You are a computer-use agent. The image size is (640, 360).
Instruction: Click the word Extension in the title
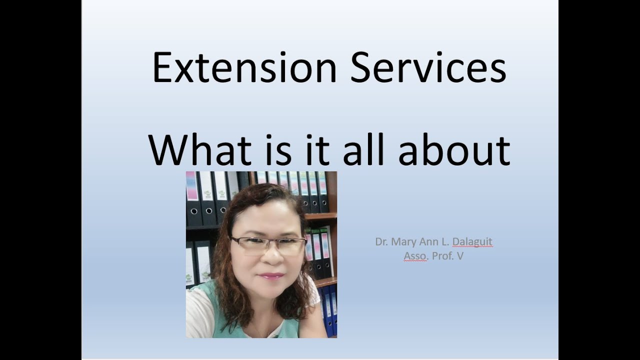pos(244,67)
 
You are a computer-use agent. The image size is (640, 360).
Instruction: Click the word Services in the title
pos(428,67)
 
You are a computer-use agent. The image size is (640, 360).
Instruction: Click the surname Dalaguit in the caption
pos(472,242)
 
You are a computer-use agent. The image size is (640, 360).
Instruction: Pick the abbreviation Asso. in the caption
pos(415,256)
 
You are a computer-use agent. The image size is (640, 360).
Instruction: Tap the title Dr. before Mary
pos(381,242)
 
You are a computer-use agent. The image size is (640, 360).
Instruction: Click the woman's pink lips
pos(270,276)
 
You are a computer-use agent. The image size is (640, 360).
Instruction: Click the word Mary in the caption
pos(403,242)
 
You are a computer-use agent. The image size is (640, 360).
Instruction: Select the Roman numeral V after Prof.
pos(460,256)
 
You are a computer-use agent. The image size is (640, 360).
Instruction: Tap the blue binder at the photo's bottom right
pos(329,311)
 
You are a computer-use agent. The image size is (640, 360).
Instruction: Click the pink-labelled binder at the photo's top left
pos(192,197)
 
